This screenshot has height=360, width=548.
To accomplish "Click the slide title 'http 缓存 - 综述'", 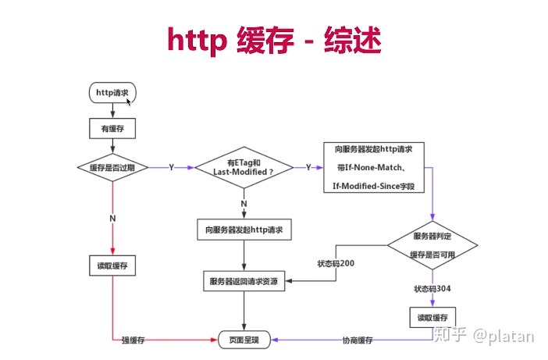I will click(274, 40).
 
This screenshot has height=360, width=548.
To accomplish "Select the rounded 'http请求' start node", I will click(113, 93).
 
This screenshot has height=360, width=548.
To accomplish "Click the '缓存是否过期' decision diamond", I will click(113, 167).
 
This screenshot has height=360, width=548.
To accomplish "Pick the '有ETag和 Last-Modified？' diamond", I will click(244, 167).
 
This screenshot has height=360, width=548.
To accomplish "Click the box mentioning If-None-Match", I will click(373, 167).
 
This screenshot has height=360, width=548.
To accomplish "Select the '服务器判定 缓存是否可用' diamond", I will click(432, 244).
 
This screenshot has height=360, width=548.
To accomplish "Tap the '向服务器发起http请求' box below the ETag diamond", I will click(244, 230).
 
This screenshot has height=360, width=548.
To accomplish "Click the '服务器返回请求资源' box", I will click(244, 280).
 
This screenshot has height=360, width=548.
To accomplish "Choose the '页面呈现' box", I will click(244, 340).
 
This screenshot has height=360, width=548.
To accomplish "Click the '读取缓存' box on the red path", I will click(113, 266).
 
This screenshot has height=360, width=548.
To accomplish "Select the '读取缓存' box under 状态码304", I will click(432, 317).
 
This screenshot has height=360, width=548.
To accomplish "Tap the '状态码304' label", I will click(432, 289).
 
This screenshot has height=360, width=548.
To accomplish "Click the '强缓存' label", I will click(133, 340).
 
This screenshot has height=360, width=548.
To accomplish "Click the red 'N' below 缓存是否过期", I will click(113, 219).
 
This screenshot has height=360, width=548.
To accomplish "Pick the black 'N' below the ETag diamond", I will click(244, 204).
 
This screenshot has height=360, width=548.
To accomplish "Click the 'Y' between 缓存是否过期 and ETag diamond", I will click(172, 167).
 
